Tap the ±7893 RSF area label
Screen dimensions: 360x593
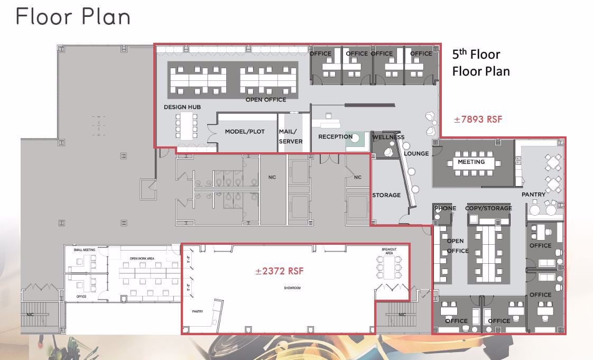pos(478,119)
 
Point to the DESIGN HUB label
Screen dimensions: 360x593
pos(182,107)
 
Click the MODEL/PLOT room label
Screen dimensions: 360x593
pos(245,132)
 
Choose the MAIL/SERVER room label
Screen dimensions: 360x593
pos(291,136)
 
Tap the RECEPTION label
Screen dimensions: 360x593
pos(335,137)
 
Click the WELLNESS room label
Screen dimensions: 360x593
pos(388,137)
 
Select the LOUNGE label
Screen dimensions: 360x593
pos(416,154)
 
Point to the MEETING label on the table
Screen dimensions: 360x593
pos(471,162)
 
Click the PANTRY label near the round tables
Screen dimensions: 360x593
pos(533,195)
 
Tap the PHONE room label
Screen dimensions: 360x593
pos(445,208)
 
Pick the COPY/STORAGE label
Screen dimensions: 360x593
pos(488,208)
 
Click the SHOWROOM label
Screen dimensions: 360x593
pos(292,289)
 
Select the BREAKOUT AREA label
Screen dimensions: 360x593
pos(389,251)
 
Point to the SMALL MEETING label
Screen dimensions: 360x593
pos(85,250)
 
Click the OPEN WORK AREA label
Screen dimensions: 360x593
pos(142,259)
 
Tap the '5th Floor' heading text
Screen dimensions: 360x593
pos(476,54)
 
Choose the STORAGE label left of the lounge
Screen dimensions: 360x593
pos(386,195)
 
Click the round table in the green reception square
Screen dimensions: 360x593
pos(355,139)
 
